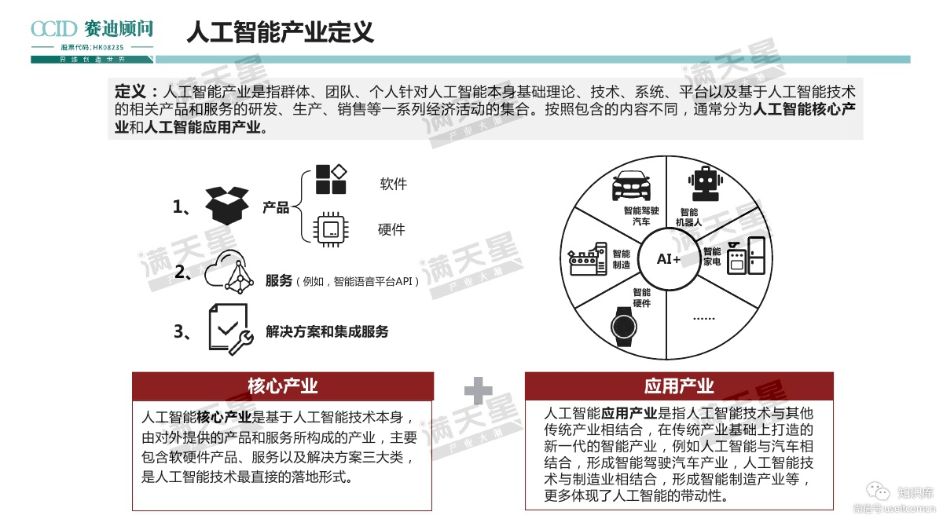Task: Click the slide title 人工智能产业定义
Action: pyautogui.click(x=280, y=32)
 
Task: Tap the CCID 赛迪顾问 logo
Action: pyautogui.click(x=92, y=30)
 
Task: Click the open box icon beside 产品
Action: pyautogui.click(x=226, y=206)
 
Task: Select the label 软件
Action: pyautogui.click(x=393, y=185)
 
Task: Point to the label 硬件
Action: pyautogui.click(x=391, y=229)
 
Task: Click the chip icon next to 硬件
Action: pyautogui.click(x=330, y=229)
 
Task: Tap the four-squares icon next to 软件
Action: pyautogui.click(x=331, y=179)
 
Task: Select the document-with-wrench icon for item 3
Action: pyautogui.click(x=229, y=330)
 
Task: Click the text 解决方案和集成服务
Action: pyautogui.click(x=327, y=331)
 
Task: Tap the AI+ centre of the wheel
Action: pyautogui.click(x=669, y=258)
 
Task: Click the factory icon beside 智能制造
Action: pyautogui.click(x=586, y=260)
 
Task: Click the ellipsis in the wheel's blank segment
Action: pyautogui.click(x=704, y=318)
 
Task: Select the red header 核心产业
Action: pyautogui.click(x=282, y=386)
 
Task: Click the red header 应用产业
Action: pyautogui.click(x=679, y=386)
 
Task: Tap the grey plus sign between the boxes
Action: pyautogui.click(x=478, y=390)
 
